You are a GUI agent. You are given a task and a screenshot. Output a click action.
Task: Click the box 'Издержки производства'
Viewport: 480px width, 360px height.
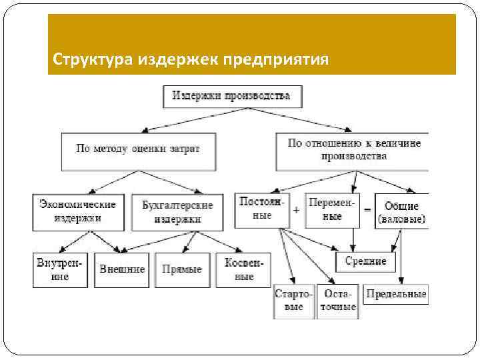pos(231,96)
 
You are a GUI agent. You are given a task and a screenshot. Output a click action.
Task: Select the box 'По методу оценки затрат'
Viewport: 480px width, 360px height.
pos(137,150)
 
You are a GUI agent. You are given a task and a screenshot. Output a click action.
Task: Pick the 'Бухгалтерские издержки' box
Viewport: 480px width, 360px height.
pos(177,211)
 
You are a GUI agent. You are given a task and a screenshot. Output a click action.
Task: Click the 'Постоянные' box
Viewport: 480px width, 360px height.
pos(262,209)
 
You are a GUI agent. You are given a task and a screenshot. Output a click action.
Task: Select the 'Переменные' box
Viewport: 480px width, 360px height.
pos(331,209)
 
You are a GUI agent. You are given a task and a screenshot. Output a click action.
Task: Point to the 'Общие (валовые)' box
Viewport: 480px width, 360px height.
pos(401,211)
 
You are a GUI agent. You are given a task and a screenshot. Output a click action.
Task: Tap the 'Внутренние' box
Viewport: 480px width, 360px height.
pos(60,269)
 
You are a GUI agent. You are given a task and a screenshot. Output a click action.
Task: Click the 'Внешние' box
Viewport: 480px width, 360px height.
pos(122,269)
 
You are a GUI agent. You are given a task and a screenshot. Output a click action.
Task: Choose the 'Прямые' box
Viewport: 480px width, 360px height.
pos(182,269)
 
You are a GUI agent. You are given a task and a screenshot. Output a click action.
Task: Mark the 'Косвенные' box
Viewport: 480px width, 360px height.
pos(243,269)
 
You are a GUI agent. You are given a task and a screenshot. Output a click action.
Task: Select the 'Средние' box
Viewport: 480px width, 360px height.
pos(365,261)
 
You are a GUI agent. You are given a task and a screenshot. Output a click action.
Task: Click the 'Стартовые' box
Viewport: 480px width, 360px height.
pos(293,301)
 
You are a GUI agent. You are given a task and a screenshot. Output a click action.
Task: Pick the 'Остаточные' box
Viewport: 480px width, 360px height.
pos(337,301)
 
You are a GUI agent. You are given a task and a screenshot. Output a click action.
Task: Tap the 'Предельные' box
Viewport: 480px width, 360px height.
pos(396,294)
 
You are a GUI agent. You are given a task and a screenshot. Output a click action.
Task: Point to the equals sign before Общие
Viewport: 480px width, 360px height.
pos(367,209)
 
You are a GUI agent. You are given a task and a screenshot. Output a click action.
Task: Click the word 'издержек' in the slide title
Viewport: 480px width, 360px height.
pos(179,60)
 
